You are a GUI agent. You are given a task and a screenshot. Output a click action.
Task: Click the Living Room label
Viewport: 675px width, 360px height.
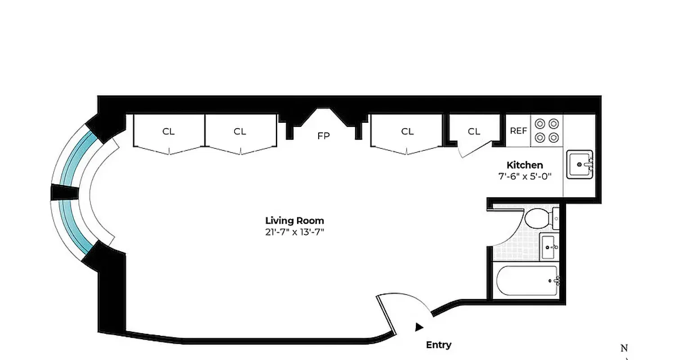click(x=294, y=220)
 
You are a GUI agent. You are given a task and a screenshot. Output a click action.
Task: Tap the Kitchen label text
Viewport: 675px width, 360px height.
click(x=525, y=165)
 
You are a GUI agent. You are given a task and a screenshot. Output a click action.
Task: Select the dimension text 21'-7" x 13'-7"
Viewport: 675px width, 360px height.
click(x=294, y=232)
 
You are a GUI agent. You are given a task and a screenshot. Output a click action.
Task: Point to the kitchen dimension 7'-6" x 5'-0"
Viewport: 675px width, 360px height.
click(x=525, y=176)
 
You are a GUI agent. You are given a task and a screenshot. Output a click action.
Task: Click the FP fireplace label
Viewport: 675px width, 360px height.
click(x=323, y=136)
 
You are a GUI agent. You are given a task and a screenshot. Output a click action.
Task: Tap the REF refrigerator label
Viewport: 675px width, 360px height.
click(x=518, y=131)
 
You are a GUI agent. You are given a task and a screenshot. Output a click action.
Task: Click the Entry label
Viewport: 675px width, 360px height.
click(x=438, y=345)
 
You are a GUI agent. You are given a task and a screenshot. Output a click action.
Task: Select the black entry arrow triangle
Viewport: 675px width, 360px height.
click(x=419, y=327)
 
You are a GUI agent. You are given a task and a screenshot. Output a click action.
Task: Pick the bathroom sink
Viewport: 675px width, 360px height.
click(x=549, y=247)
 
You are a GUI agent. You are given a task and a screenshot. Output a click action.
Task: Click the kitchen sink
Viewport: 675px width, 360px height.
click(x=579, y=165)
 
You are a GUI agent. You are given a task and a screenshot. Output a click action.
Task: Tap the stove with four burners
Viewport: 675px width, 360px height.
click(x=547, y=130)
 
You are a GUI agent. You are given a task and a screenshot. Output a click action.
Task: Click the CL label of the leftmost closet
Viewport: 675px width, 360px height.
click(x=169, y=132)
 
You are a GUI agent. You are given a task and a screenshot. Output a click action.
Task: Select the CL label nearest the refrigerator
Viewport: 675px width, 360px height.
click(x=474, y=132)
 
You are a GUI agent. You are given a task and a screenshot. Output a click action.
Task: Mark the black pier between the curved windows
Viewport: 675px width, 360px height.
click(x=64, y=193)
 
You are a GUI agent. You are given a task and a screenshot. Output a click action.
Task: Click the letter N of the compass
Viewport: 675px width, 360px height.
click(x=624, y=348)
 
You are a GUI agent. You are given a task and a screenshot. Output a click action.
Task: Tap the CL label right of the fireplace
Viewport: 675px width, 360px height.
click(x=407, y=132)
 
